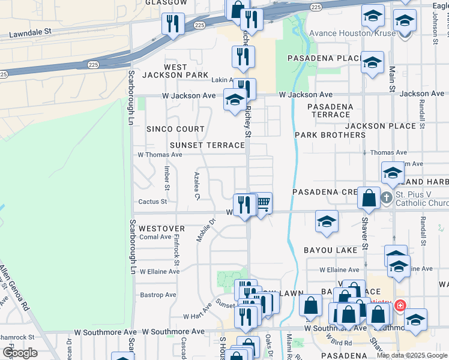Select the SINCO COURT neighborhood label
pyautogui.click(x=176, y=129)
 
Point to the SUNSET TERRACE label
pyautogui.click(x=208, y=145)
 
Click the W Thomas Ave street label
pyautogui.click(x=160, y=154)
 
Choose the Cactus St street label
pyautogui.click(x=152, y=202)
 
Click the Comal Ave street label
pyautogui.click(x=155, y=237)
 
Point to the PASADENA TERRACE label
pyautogui.click(x=330, y=110)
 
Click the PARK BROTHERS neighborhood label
pyautogui.click(x=330, y=135)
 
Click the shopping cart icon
pyautogui.click(x=262, y=203)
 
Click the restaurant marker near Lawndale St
pyautogui.click(x=172, y=24)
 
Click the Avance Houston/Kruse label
pyautogui.click(x=352, y=33)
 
